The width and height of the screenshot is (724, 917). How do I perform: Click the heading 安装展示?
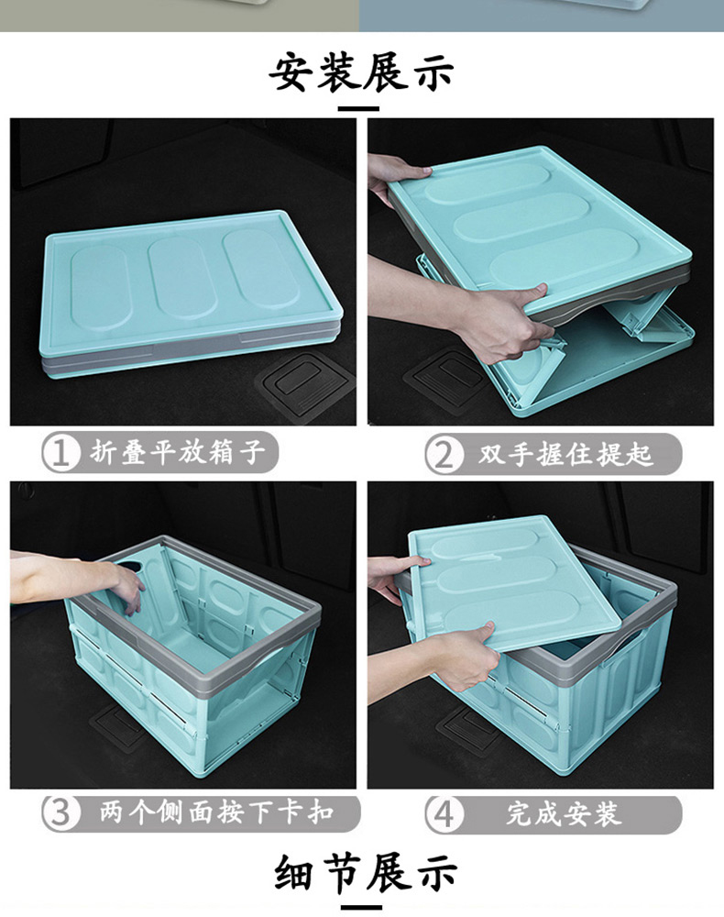361,72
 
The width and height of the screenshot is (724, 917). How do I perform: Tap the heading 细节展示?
366,873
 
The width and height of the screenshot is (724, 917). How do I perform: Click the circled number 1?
60,453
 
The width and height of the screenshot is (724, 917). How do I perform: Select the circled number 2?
443,454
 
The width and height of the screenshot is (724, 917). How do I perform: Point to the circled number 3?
60,812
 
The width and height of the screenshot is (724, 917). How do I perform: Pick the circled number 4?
444,813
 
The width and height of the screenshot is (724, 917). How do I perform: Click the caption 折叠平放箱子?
178,452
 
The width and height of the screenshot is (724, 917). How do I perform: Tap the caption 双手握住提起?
565,453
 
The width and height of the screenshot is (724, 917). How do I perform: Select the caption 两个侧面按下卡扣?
216,812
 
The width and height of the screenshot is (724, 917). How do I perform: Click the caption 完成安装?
564,813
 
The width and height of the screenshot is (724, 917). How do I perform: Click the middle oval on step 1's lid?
184,277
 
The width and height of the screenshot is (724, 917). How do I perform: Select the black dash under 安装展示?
358,108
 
